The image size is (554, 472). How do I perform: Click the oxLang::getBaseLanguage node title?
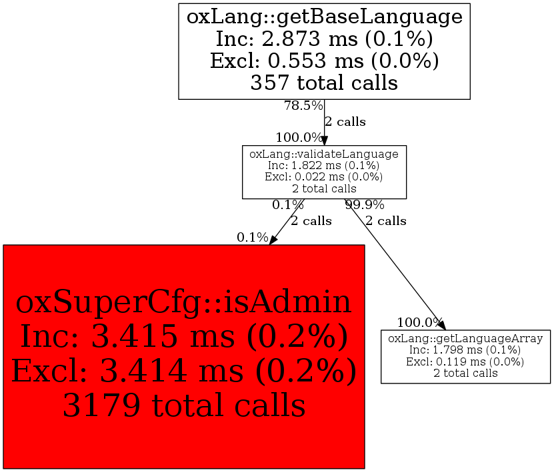[324, 17]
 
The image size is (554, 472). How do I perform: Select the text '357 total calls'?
[324, 83]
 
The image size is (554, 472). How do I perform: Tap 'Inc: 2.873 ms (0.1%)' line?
[324, 39]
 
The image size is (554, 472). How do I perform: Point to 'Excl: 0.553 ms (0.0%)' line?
[324, 61]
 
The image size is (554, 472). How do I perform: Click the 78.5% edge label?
[303, 105]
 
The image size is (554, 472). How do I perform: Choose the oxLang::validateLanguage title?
[324, 154]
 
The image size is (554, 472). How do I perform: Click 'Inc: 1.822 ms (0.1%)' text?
[324, 165]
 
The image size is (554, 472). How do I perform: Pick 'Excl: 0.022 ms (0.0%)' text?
[324, 176]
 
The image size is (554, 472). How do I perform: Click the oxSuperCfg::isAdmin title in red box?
[183, 303]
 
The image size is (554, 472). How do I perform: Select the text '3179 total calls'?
[183, 405]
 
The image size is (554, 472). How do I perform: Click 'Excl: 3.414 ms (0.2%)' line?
[183, 371]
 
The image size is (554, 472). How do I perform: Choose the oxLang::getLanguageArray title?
[465, 339]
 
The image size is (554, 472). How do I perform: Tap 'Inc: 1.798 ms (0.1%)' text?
[465, 350]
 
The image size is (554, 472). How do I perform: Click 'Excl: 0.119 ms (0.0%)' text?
[465, 361]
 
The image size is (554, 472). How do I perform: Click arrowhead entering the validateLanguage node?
[325, 141]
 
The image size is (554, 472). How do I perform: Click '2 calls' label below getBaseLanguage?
[345, 122]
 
